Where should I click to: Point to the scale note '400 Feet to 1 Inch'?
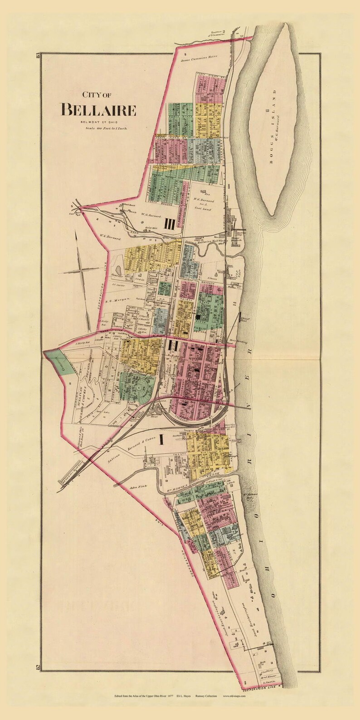point(106,129)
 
